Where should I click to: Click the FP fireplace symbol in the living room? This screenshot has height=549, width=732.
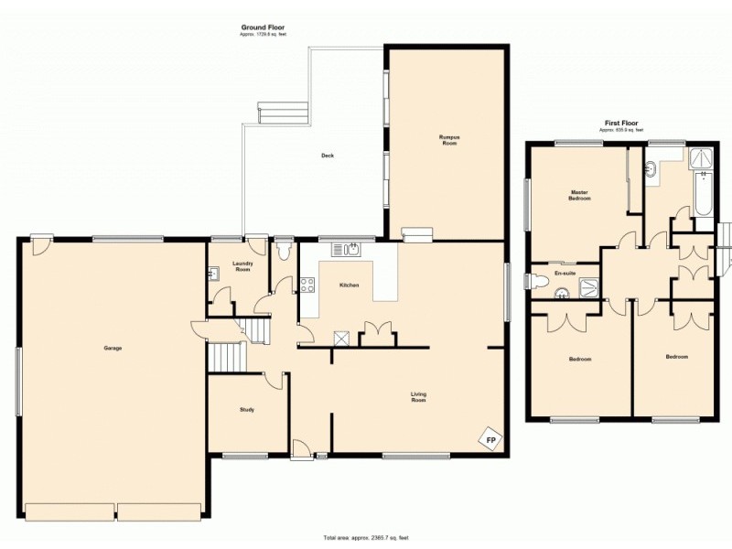click(x=491, y=441)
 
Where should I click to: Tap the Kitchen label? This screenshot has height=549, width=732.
click(x=349, y=285)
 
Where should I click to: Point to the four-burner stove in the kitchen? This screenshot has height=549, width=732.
click(x=307, y=284)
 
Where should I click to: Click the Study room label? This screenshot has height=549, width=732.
click(x=246, y=409)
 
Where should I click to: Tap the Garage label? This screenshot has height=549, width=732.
click(x=113, y=348)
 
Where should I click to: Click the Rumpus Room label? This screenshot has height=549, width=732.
click(x=447, y=140)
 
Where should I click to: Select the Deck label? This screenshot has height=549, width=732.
click(x=327, y=156)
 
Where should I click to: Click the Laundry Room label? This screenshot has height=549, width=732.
click(x=242, y=266)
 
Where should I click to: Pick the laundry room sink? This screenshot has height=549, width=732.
click(x=212, y=273)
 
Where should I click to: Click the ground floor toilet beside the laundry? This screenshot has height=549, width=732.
click(x=283, y=248)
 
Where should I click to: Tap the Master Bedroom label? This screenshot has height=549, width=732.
click(x=578, y=195)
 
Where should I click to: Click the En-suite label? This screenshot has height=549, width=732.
click(x=565, y=273)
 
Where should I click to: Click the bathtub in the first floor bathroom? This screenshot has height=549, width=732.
click(x=703, y=197)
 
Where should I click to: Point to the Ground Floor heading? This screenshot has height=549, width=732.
click(x=262, y=27)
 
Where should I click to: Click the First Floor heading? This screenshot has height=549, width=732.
click(x=621, y=123)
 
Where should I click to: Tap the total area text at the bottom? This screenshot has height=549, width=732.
click(x=365, y=537)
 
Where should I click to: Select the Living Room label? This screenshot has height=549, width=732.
click(x=418, y=397)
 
